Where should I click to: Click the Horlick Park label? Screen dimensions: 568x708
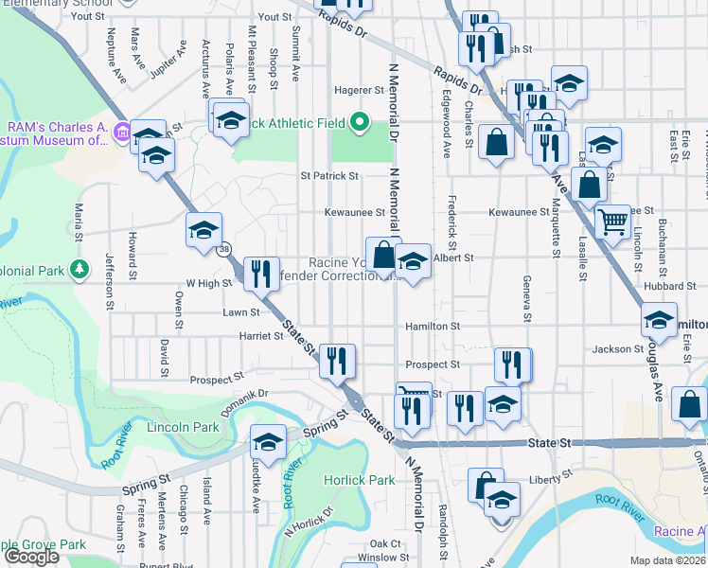point(359,480)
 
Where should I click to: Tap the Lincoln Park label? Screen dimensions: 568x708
point(183,427)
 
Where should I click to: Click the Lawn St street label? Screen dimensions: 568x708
point(240,311)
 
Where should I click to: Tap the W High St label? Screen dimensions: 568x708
point(209,283)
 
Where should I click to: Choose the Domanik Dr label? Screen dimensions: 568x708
point(245,393)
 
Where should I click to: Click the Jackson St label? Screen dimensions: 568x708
point(617,349)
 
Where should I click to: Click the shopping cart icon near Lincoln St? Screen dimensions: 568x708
point(613,222)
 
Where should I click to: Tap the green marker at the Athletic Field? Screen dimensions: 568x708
point(359,121)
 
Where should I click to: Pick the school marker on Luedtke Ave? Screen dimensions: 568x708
point(268,442)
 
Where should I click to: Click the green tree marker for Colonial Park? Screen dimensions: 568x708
point(80,270)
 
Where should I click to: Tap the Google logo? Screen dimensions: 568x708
point(31,557)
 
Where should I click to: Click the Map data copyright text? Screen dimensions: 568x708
point(667,560)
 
